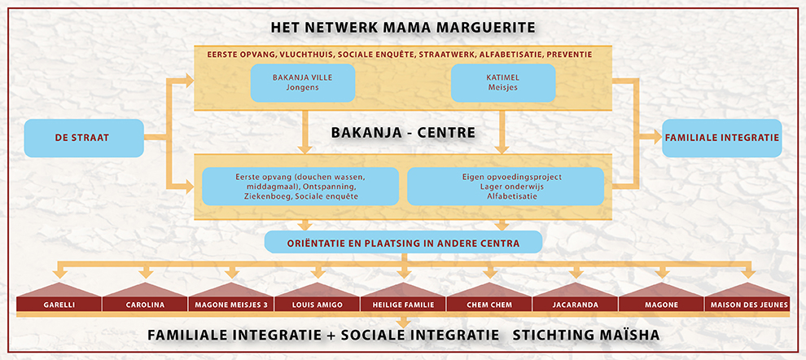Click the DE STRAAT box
[x=84, y=138]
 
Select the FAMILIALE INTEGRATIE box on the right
[x=722, y=138]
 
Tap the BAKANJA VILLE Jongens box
[x=302, y=83]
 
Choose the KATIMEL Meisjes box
[x=502, y=83]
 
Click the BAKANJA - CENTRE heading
[x=402, y=132]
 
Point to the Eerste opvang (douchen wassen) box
[x=300, y=186]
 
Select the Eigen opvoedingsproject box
[x=505, y=186]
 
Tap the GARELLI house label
[x=59, y=305]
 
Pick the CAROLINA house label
[x=145, y=305]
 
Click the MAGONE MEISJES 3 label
[x=231, y=305]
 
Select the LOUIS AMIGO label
[x=317, y=305]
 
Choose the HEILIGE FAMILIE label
[x=403, y=305]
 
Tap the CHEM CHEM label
[x=488, y=305]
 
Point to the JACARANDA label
[x=575, y=305]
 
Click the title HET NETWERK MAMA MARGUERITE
[x=403, y=28]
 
